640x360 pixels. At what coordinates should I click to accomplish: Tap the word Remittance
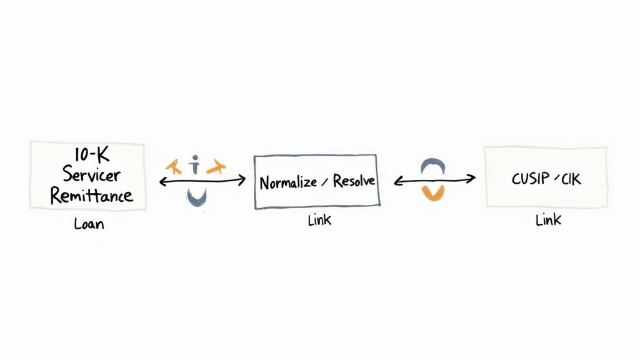[x=91, y=195]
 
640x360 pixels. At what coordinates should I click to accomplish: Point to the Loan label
[x=89, y=223]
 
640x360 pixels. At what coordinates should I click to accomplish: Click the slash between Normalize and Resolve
[x=324, y=182]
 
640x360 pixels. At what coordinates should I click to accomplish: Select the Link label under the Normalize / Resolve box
[x=319, y=221]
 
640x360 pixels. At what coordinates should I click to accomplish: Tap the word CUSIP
[x=529, y=179]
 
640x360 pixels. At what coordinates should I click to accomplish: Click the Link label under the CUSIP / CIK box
[x=548, y=220]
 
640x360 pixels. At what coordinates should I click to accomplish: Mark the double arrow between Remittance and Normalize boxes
[x=202, y=181]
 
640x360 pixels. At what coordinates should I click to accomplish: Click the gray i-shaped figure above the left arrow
[x=196, y=166]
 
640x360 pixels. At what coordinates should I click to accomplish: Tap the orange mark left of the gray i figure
[x=174, y=166]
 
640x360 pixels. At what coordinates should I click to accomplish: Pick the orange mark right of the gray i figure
[x=216, y=166]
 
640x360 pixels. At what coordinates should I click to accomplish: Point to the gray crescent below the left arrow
[x=197, y=197]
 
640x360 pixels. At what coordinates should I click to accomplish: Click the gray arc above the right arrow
[x=432, y=164]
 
